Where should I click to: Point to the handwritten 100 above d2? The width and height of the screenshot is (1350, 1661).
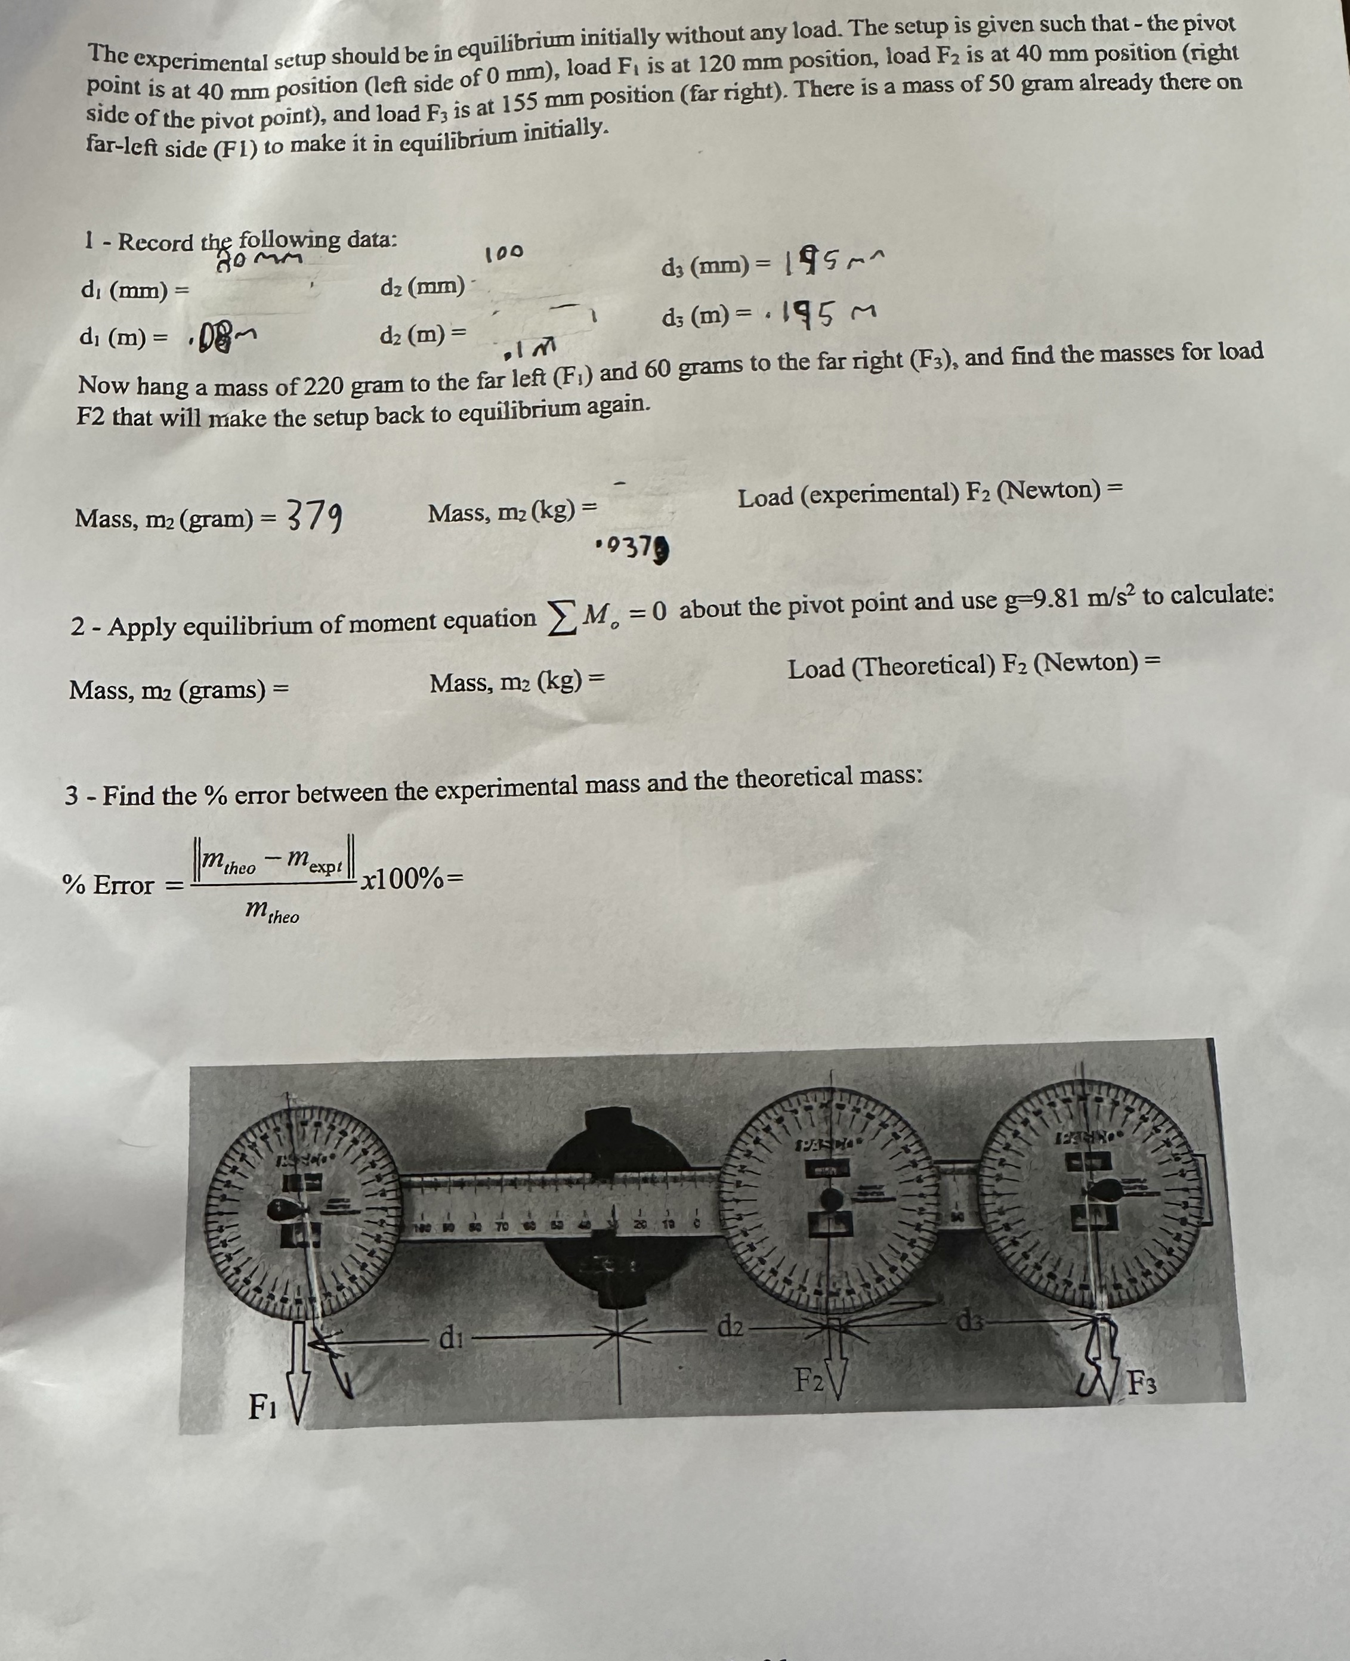pyautogui.click(x=504, y=254)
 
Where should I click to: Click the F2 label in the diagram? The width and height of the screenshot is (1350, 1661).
pyautogui.click(x=809, y=1380)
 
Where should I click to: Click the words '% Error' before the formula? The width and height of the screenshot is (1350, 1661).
pyautogui.click(x=108, y=884)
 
